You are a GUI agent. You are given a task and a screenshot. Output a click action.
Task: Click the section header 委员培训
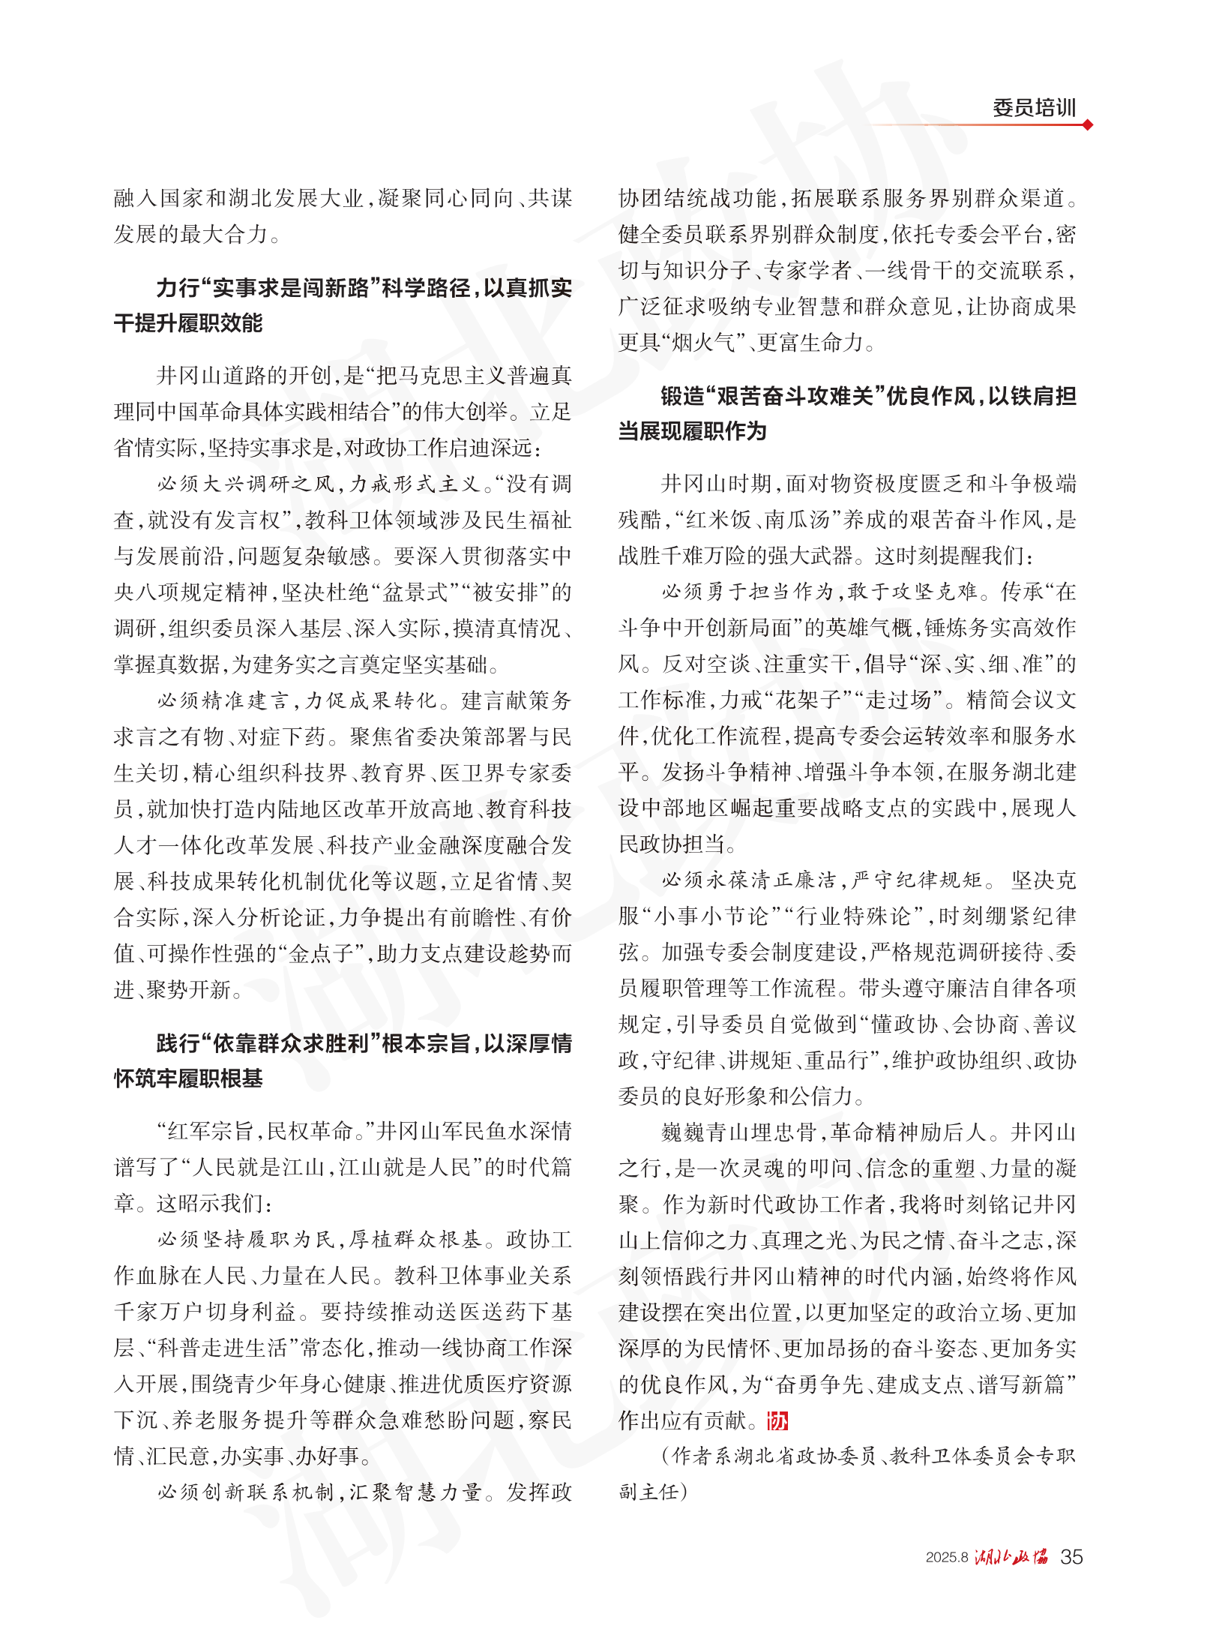(x=1034, y=108)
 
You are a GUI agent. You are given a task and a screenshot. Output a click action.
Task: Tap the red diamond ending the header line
(x=1088, y=124)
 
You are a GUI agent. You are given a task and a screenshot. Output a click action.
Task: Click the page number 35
(x=1071, y=1557)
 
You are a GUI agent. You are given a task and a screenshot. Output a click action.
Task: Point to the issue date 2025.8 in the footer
(x=946, y=1558)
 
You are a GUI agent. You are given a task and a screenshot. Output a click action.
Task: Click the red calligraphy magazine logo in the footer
(x=1011, y=1557)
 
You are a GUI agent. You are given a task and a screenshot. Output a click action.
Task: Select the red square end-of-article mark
(x=777, y=1420)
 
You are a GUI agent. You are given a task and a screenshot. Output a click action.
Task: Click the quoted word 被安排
(x=504, y=592)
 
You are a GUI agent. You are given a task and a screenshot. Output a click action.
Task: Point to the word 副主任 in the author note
(x=647, y=1491)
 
